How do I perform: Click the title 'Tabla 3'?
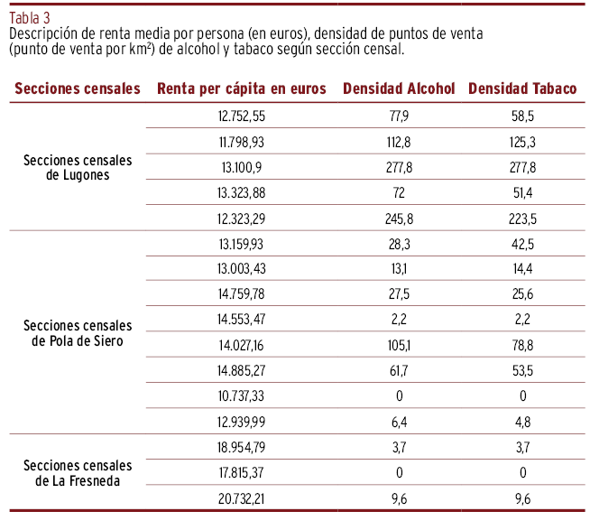30,15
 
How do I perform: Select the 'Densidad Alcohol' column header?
398,88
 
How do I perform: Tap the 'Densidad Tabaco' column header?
522,88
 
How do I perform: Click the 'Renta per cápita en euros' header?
242,88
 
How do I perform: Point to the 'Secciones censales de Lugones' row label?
78,167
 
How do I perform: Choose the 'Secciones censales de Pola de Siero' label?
78,332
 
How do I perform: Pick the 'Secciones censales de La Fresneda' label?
78,472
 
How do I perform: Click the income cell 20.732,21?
242,497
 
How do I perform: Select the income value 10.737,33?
242,396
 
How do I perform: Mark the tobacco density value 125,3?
522,142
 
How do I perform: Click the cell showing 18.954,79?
242,447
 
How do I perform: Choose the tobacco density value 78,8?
522,345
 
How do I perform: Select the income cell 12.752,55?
242,116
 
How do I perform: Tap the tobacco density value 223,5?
522,219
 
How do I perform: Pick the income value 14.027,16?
242,345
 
